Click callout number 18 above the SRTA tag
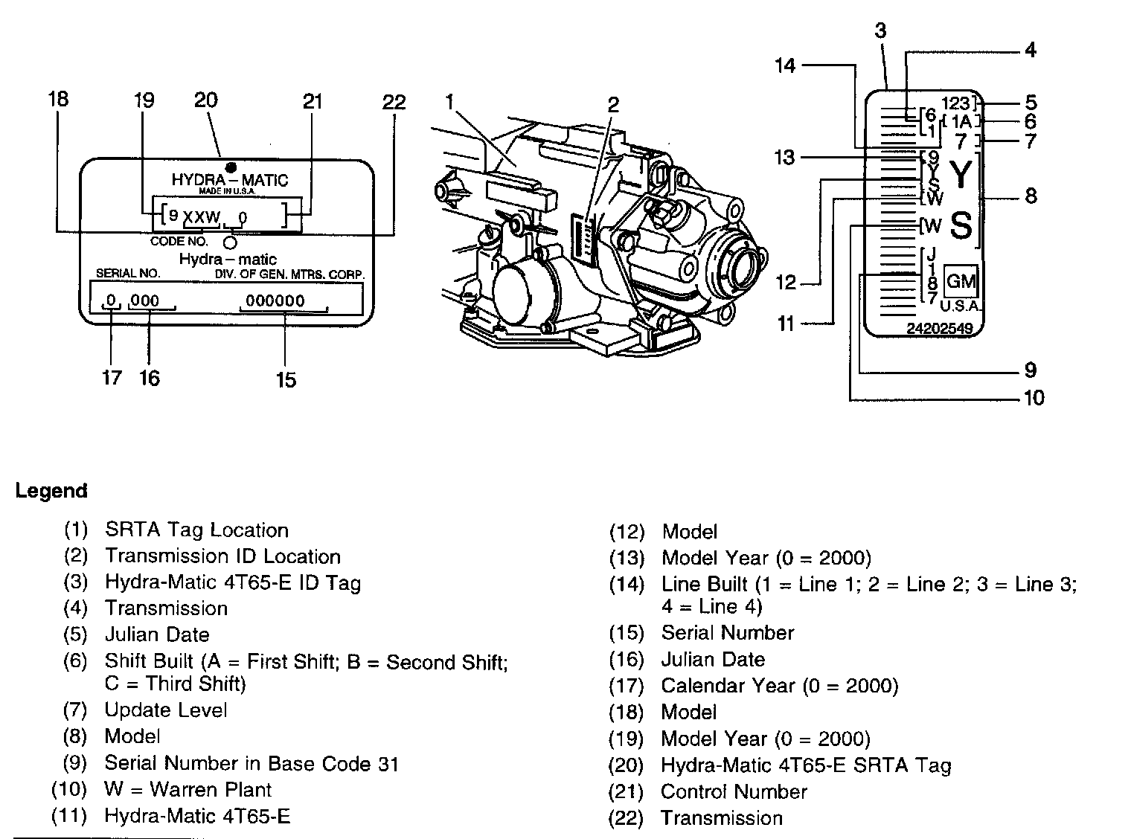coord(58,99)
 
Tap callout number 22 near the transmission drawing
coord(394,103)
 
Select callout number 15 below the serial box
coord(286,380)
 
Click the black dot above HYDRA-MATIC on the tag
coord(231,167)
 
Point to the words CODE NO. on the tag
coord(179,241)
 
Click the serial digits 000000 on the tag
coord(275,300)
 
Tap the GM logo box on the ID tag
coord(961,281)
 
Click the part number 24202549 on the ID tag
coord(940,328)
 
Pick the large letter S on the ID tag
coord(961,225)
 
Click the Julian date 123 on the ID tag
coord(955,103)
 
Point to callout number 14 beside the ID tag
coord(785,65)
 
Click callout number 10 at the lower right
coord(1034,398)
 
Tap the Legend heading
coord(51,491)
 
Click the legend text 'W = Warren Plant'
coord(188,789)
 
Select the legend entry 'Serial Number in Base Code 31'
coord(251,763)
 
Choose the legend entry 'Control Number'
coord(734,791)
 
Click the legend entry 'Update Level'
coord(166,710)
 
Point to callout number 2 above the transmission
coord(613,104)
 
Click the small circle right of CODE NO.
coord(230,242)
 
